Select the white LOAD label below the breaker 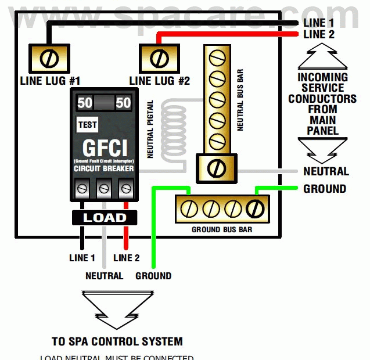click(104, 218)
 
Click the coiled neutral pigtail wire click(174, 134)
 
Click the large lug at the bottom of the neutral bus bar click(216, 168)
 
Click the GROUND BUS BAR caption click(221, 230)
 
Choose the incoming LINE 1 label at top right click(319, 23)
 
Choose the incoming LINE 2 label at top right click(319, 35)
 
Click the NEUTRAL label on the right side click(326, 171)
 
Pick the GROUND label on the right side click(325, 189)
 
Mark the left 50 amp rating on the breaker click(85, 103)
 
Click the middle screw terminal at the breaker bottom click(104, 188)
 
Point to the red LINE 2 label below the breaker click(127, 258)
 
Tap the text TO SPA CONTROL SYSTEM click(117, 341)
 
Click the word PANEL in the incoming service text click(323, 131)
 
